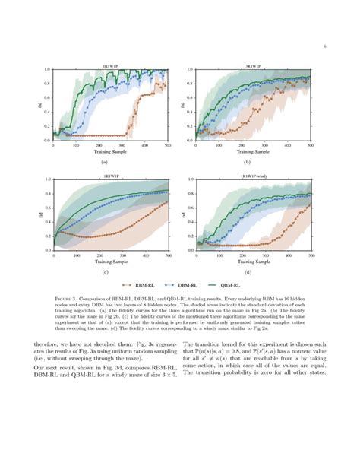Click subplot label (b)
tap(247, 162)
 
